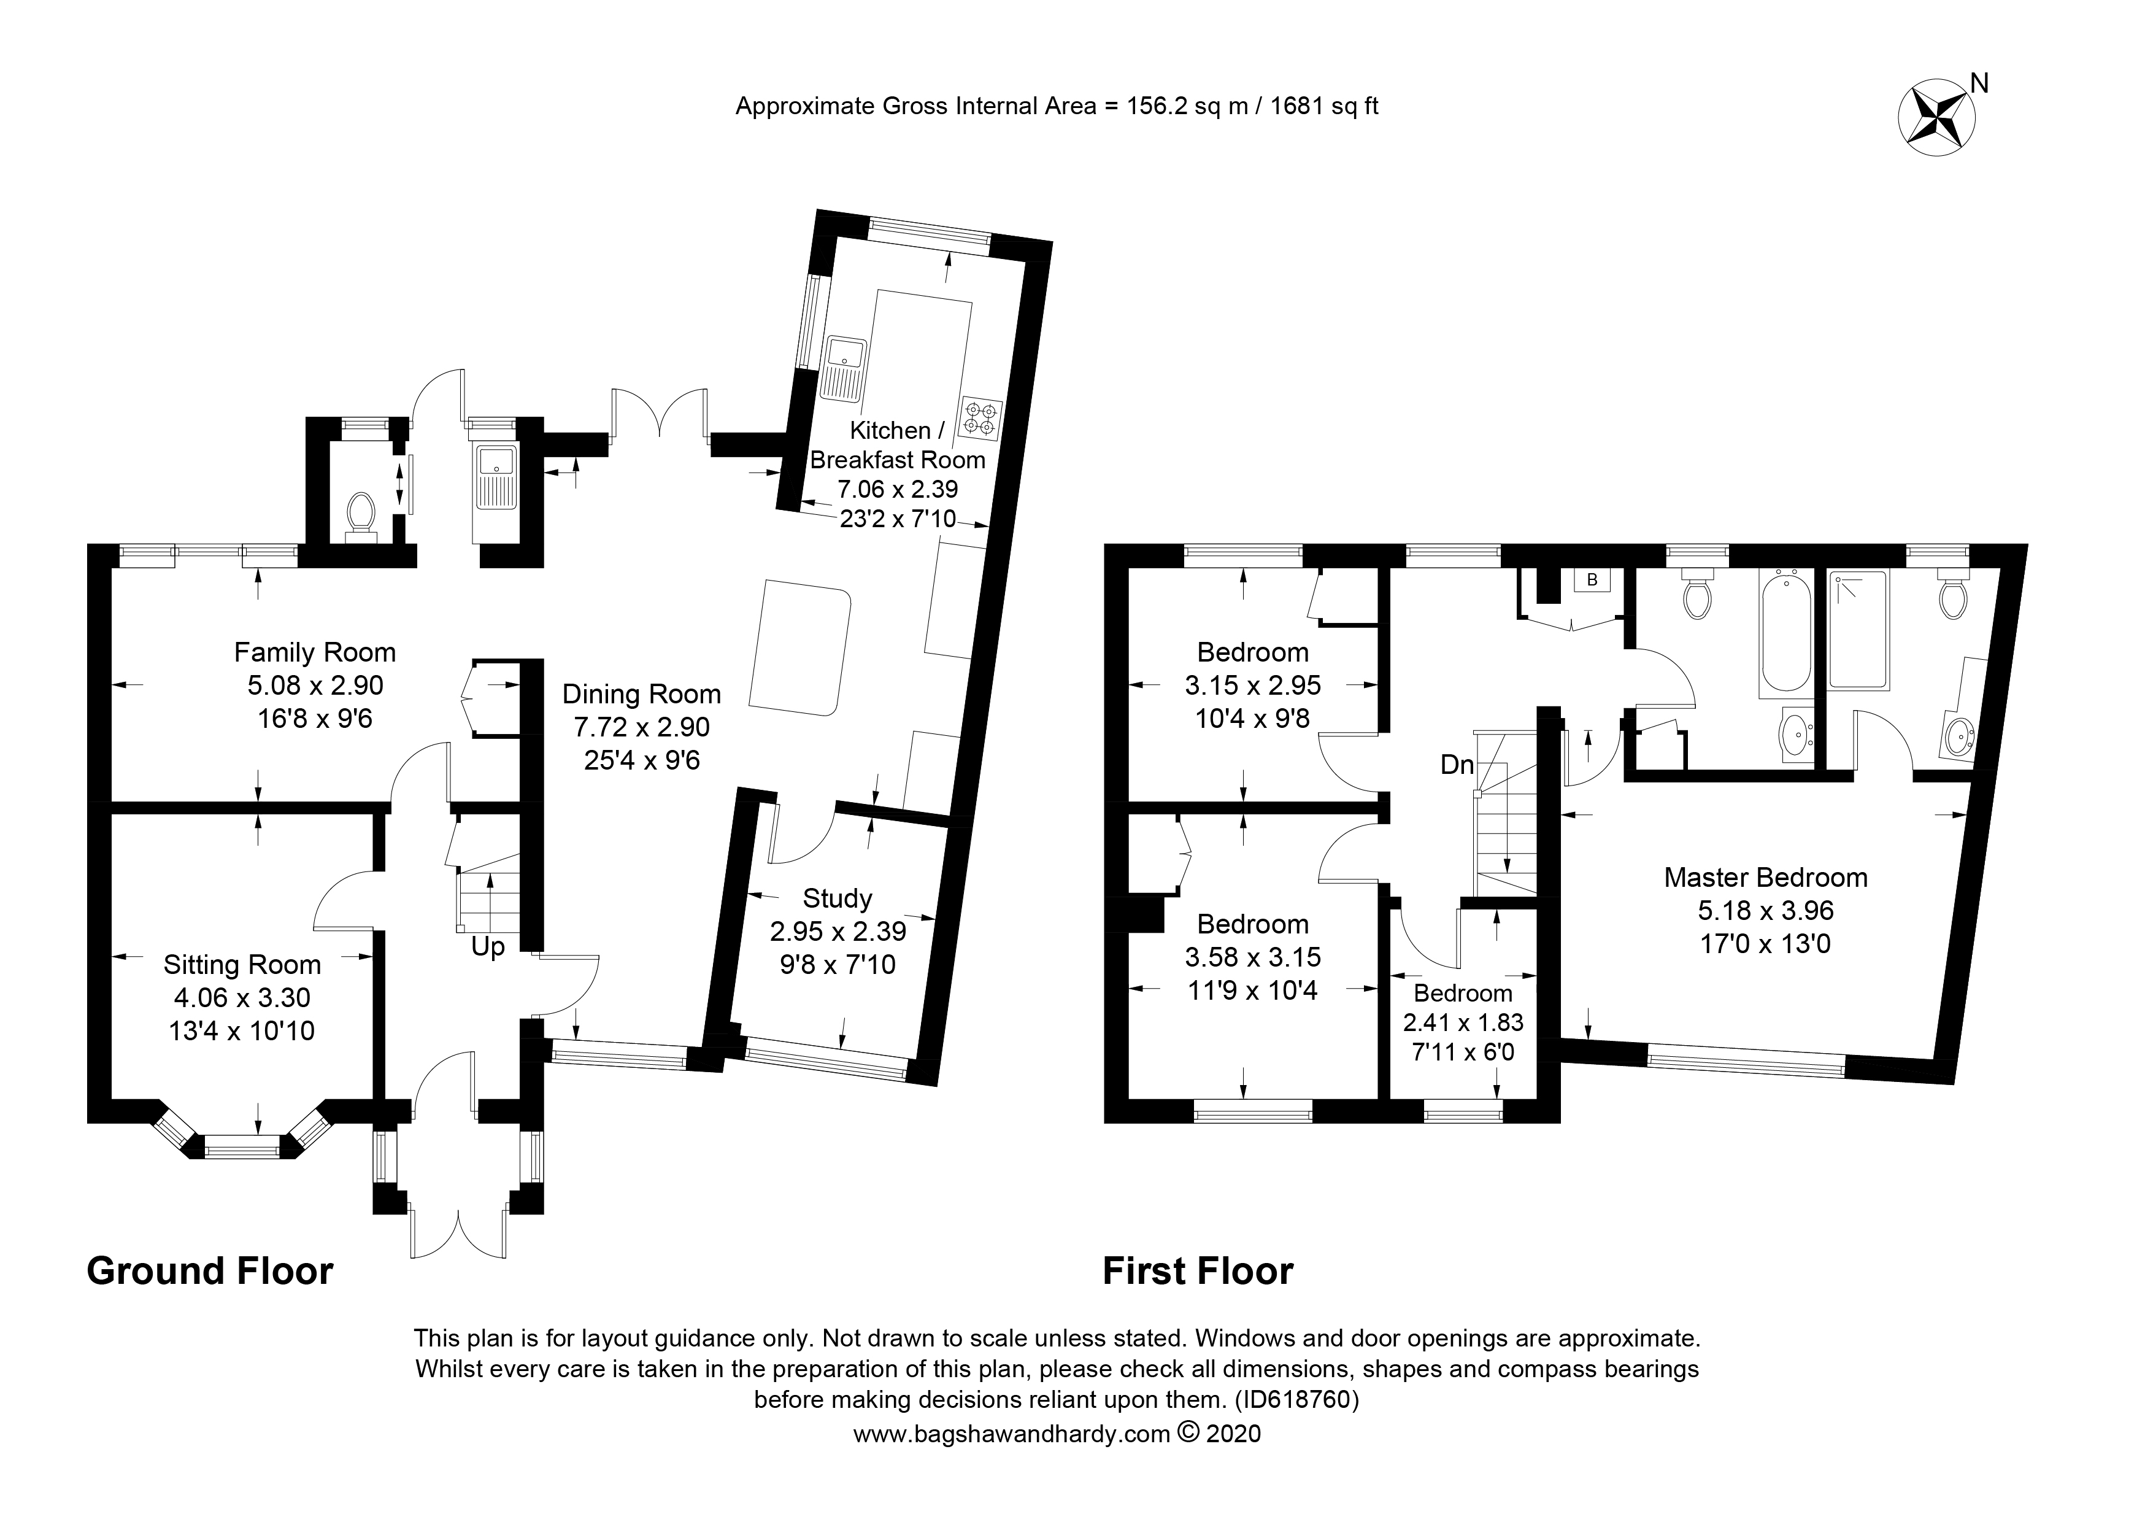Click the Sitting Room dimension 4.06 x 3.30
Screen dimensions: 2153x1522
242,998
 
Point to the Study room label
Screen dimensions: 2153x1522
838,898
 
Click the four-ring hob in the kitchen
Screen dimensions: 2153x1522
980,419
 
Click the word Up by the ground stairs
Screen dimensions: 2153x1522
488,947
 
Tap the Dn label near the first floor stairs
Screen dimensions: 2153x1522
1457,765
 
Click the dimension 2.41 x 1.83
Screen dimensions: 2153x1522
1463,1022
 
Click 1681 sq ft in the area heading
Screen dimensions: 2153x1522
1324,106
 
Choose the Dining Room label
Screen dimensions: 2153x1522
641,694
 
